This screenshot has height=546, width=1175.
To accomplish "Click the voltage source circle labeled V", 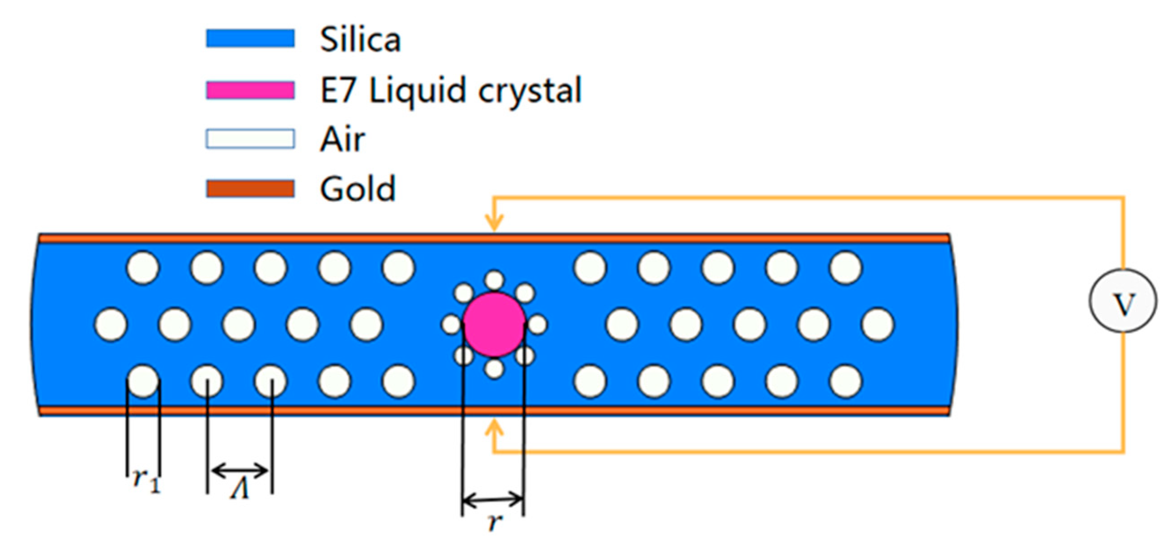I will click(1123, 301).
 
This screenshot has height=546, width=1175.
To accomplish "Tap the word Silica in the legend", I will click(360, 40).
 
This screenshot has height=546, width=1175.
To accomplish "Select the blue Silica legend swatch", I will click(250, 38).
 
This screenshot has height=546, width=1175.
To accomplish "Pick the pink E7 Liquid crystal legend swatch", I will click(250, 90).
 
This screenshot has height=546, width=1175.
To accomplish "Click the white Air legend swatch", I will click(250, 139).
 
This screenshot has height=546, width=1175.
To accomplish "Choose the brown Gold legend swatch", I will click(250, 188).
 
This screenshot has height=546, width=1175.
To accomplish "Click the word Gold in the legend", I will click(357, 188).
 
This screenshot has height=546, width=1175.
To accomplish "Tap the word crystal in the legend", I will click(529, 91).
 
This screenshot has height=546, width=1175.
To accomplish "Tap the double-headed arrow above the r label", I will click(492, 500).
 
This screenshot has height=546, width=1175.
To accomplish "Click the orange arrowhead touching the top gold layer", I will click(494, 223).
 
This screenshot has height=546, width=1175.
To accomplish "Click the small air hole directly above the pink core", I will click(494, 280).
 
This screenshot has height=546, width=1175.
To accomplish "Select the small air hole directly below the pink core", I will click(494, 369).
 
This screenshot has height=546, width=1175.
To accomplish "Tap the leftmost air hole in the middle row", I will click(111, 325).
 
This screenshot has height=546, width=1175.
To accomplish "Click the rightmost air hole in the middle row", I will click(878, 325).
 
